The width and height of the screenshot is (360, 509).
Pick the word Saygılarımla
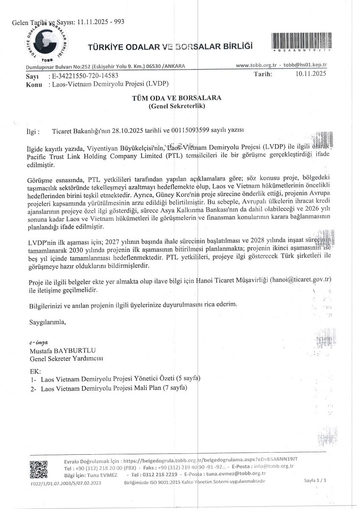pyautogui.click(x=47, y=322)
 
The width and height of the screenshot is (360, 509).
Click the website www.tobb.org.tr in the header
pyautogui.click(x=256, y=66)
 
